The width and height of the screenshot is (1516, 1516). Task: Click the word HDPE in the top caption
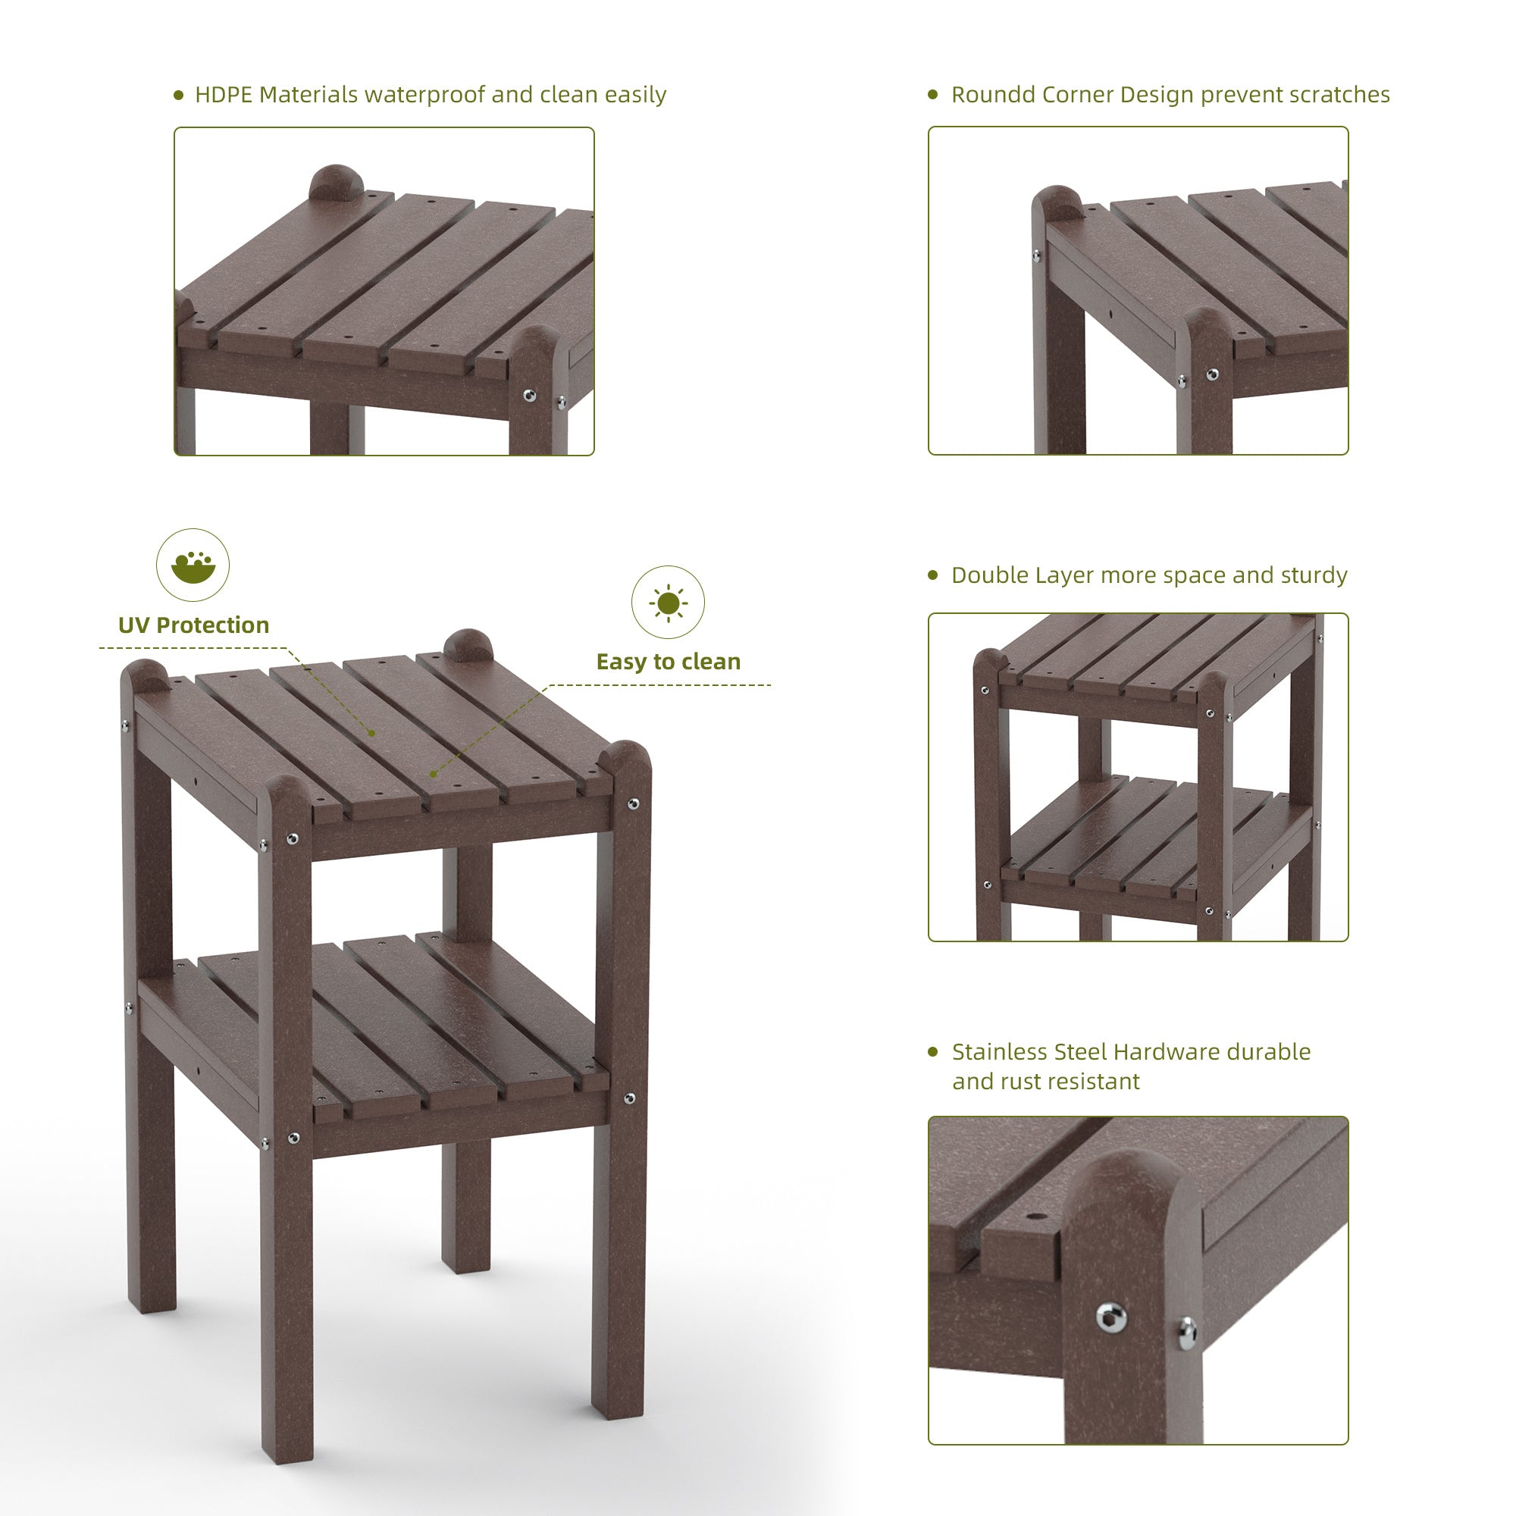coord(224,95)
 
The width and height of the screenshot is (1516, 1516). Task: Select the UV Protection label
coord(194,625)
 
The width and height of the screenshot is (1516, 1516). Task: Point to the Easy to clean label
coord(669,662)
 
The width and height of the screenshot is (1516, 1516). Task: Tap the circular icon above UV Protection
coord(193,565)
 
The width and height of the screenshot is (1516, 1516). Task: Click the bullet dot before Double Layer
coord(933,575)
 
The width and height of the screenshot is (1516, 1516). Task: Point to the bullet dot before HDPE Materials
coord(178,95)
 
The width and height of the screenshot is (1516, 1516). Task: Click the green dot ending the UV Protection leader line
coord(372,733)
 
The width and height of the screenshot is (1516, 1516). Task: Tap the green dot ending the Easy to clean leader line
coord(433,774)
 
